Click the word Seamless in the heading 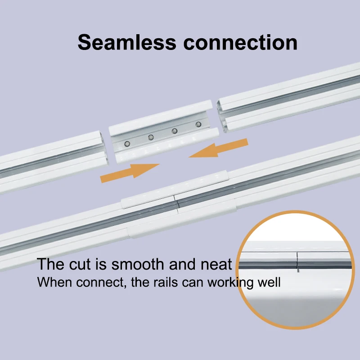[127, 42]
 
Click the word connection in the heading [240, 42]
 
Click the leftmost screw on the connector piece [128, 144]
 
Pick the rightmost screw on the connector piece [198, 124]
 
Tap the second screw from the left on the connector [151, 137]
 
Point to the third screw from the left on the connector [175, 130]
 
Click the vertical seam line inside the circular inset [297, 261]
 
